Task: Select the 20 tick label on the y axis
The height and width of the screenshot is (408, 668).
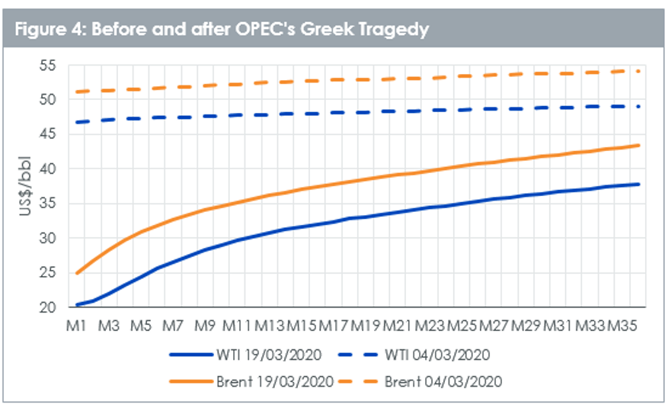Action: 49,307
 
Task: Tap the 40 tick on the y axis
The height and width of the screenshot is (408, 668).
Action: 49,169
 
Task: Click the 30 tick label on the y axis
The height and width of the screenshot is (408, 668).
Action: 49,238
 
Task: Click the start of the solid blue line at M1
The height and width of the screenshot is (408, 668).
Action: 77,304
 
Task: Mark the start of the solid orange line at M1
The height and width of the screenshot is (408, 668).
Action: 77,273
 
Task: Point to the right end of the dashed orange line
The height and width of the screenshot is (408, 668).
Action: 638,71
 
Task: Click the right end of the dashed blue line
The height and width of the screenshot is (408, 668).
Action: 638,106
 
